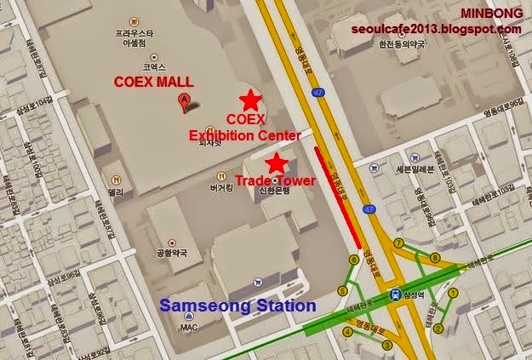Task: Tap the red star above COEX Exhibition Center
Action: pyautogui.click(x=249, y=100)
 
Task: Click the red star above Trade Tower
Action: pyautogui.click(x=276, y=163)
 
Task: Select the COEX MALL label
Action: pyautogui.click(x=153, y=82)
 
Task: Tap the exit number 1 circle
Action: pyautogui.click(x=453, y=292)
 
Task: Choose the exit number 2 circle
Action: pyautogui.click(x=438, y=329)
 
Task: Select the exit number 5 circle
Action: pyautogui.click(x=342, y=290)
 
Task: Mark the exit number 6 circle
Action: pyautogui.click(x=353, y=260)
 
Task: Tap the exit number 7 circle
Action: pyautogui.click(x=398, y=243)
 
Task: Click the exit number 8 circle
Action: pyautogui.click(x=434, y=257)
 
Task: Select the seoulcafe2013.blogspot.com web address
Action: pyautogui.click(x=436, y=29)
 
